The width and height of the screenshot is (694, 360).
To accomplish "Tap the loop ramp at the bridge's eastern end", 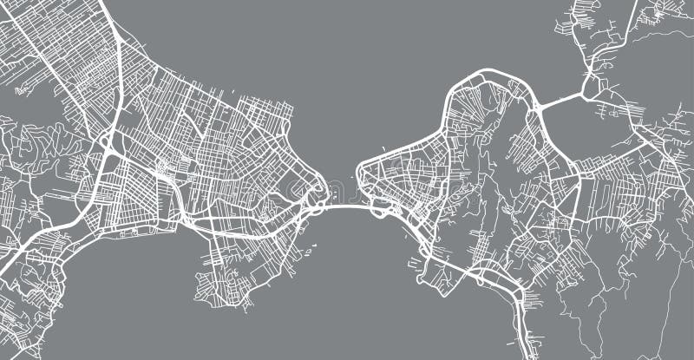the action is pyautogui.click(x=379, y=207).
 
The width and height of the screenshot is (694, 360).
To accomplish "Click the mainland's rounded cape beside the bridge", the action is pyautogui.click(x=318, y=187).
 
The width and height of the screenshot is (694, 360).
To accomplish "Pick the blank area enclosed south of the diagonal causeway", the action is pyautogui.click(x=599, y=130).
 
